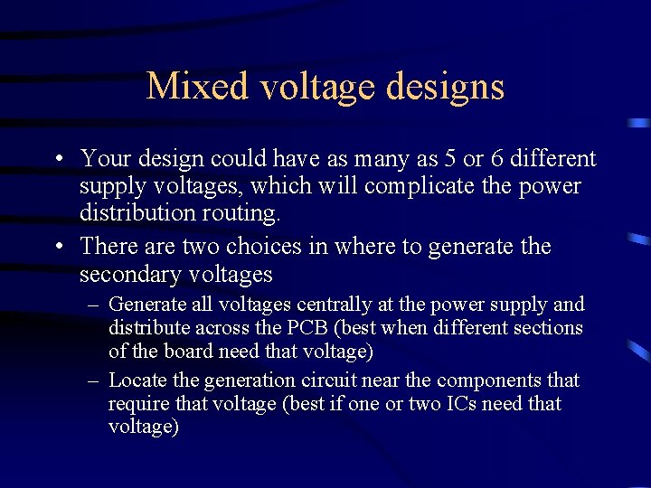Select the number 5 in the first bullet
(450, 159)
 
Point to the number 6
(498, 159)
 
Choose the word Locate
(137, 380)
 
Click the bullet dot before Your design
(57, 160)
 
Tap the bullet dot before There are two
(57, 247)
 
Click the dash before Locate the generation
(94, 380)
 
